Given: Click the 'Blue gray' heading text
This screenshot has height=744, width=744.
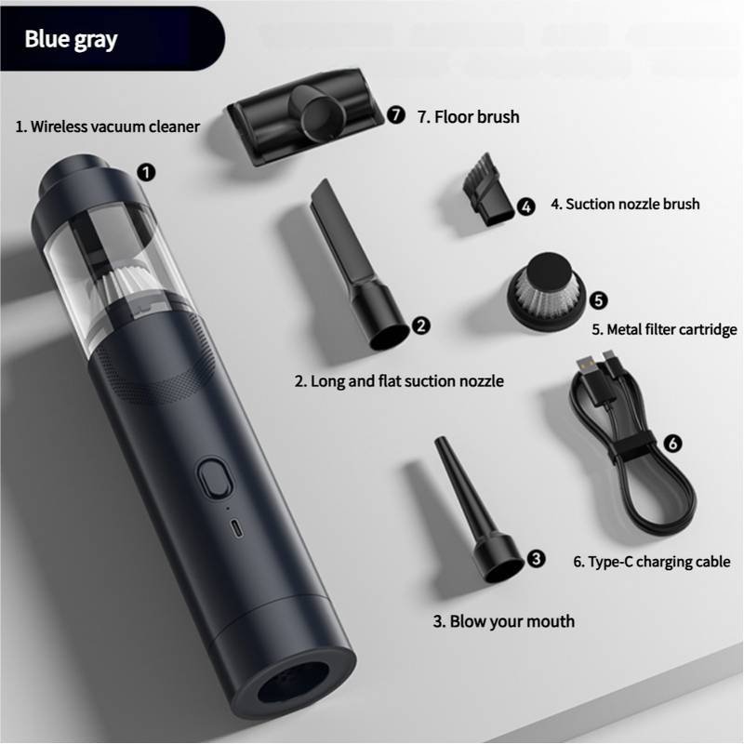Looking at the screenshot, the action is click(x=71, y=39).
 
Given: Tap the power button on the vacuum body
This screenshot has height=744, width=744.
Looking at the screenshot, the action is click(x=215, y=477).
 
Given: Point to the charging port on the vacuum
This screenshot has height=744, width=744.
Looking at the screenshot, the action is click(x=236, y=529).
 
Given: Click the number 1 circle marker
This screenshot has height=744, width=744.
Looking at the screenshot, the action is click(x=146, y=172).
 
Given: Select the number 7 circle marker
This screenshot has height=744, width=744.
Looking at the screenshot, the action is click(x=396, y=114).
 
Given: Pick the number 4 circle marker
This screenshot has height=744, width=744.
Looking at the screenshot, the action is click(x=525, y=206).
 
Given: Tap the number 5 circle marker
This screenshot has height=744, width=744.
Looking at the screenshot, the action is click(x=598, y=300).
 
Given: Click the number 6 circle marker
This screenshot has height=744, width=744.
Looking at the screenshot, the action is click(x=672, y=444).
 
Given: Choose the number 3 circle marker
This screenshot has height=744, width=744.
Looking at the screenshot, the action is click(x=537, y=559).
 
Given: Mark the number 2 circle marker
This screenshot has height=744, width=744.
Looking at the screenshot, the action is click(x=421, y=325).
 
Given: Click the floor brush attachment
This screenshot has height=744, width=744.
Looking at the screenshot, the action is click(x=304, y=116).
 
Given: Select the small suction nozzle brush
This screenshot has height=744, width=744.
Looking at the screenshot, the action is click(x=487, y=191).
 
